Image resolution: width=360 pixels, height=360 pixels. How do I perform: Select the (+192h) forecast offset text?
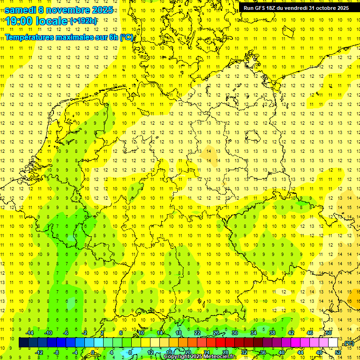point(83,21)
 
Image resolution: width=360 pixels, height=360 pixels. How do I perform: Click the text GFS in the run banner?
point(261,8)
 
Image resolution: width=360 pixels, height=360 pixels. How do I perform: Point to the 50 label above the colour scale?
point(329,333)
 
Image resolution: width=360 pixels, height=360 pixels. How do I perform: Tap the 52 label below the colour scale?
point(338,352)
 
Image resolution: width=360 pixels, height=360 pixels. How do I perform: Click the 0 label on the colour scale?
point(93,352)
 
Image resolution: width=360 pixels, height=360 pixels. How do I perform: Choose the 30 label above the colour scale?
point(235,333)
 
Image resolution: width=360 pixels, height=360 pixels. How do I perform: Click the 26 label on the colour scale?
point(216,333)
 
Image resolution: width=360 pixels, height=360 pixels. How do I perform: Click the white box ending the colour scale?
point(333,343)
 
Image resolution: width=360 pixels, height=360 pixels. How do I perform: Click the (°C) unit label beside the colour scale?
point(348,344)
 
